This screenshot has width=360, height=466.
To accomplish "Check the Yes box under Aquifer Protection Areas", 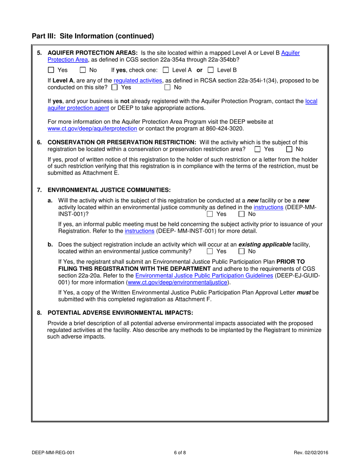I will click(x=51, y=70).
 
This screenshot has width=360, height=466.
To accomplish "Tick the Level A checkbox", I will click(x=166, y=70).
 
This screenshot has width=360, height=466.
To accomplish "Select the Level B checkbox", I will click(x=211, y=70).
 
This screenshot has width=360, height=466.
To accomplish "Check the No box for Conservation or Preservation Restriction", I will click(x=289, y=149).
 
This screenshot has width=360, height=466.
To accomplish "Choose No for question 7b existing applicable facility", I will click(x=241, y=251).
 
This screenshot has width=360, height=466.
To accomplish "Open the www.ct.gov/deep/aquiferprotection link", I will click(x=92, y=128).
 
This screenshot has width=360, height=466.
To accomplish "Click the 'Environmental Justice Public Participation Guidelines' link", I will click(x=204, y=275).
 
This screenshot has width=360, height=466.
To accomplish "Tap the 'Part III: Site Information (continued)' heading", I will click(x=93, y=36).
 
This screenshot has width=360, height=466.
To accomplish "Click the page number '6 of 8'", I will click(x=180, y=452).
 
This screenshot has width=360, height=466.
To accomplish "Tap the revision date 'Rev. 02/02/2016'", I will click(x=310, y=452).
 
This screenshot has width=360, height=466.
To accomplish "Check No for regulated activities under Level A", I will click(x=167, y=88).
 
